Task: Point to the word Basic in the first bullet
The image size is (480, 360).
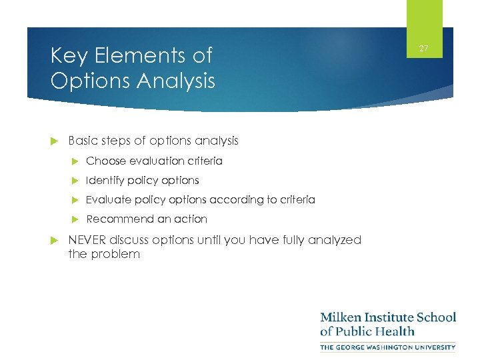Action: (83, 141)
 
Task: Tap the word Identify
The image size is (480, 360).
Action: (105, 180)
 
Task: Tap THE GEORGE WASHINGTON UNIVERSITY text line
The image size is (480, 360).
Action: (387, 347)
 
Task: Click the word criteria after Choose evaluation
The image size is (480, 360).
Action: (203, 161)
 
